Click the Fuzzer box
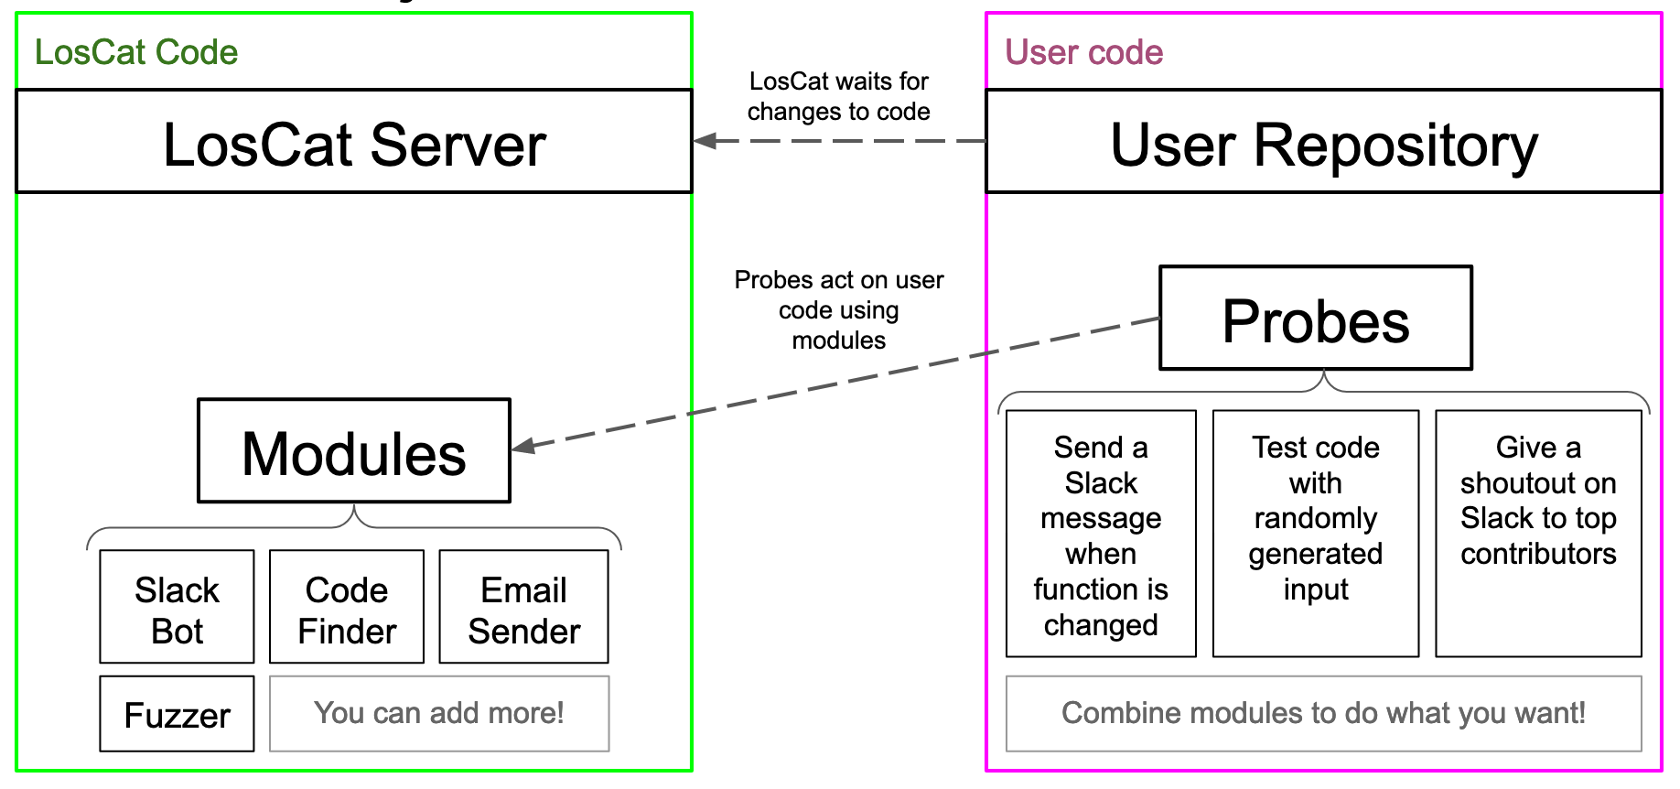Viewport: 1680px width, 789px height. (x=177, y=714)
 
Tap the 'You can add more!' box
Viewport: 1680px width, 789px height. (x=439, y=714)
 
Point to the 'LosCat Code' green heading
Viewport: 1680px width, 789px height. (x=136, y=52)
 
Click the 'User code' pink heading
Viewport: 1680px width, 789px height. (x=1083, y=52)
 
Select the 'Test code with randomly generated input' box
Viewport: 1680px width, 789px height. (x=1315, y=534)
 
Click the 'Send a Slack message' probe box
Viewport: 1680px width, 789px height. (x=1101, y=534)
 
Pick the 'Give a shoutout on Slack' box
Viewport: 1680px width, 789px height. (x=1538, y=534)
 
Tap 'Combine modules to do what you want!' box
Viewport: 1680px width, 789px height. (x=1323, y=714)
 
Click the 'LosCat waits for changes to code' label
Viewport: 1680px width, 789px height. (x=838, y=96)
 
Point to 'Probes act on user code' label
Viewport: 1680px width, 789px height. (x=838, y=309)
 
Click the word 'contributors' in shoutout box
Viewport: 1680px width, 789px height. (x=1538, y=554)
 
